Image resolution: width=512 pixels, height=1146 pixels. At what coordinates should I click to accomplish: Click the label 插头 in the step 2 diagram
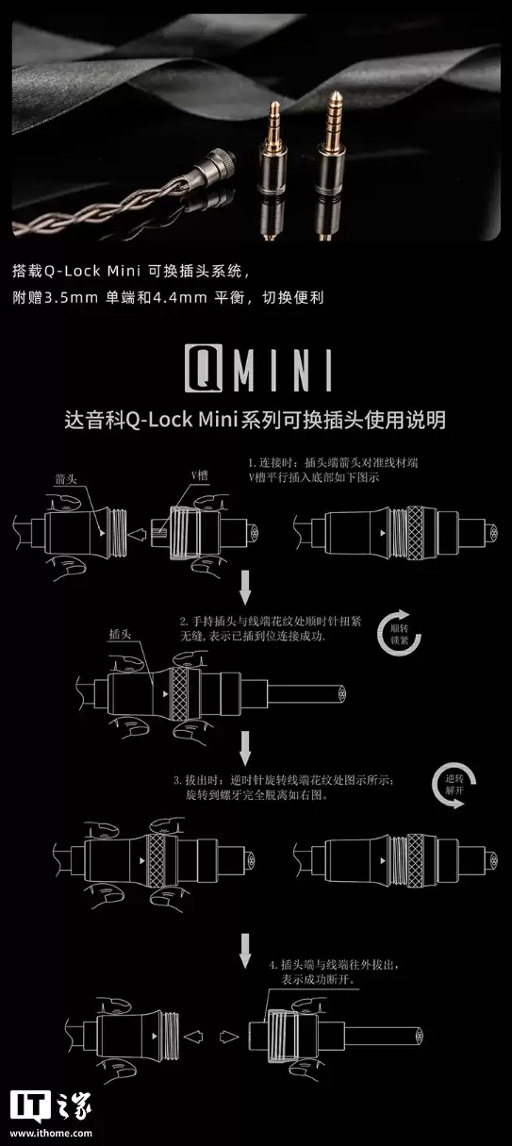click(120, 634)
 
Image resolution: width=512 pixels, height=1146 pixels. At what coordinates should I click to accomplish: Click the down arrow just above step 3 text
click(245, 748)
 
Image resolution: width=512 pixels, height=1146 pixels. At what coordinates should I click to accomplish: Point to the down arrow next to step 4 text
click(245, 951)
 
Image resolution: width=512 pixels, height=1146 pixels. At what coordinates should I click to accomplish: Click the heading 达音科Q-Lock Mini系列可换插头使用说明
click(256, 420)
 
